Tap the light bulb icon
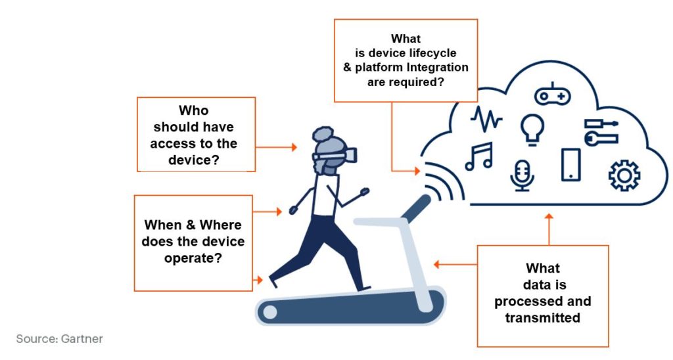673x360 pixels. pos(532,129)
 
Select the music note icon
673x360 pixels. pos(479,156)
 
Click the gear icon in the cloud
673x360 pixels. pos(624,175)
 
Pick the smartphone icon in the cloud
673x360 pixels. pos(571,164)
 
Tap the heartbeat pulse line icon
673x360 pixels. pos(486,119)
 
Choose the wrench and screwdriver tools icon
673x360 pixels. pos(601,132)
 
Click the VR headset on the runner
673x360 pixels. pos(335,155)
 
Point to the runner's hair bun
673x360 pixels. pos(323,134)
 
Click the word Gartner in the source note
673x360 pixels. pos(82,339)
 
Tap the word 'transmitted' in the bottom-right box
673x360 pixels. pos(542,318)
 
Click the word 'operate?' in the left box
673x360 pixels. pos(193,258)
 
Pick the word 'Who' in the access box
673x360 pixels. pos(194,110)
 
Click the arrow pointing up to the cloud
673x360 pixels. pos(549,229)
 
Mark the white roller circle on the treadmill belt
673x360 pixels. pos(270,312)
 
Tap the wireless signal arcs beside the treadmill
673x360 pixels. pos(445,182)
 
